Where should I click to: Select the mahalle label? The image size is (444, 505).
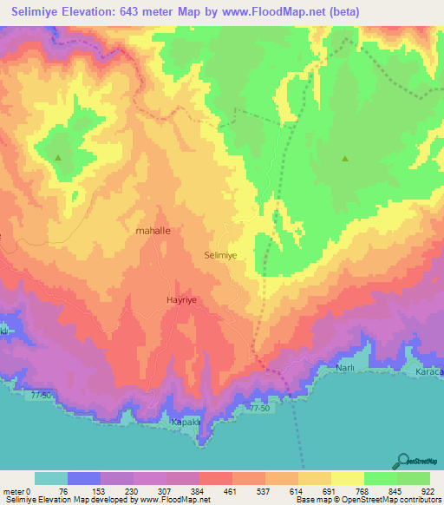coord(154,232)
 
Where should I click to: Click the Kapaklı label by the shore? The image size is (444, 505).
coord(186,421)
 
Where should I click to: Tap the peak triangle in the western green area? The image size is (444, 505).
coord(58,158)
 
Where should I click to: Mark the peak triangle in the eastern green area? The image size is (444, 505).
coord(345,159)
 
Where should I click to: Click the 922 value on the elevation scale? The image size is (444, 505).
coord(429,490)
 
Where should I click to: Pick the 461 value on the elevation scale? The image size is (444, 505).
coord(232,490)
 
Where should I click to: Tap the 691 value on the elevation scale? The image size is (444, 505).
coord(330,490)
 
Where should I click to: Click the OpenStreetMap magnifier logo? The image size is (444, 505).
coord(404,462)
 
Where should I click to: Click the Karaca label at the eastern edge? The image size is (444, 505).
coord(430,371)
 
